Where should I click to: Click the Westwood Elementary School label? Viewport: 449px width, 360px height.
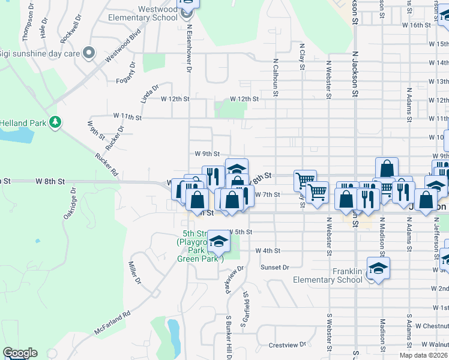click(x=143, y=14)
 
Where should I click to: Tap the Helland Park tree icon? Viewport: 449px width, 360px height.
click(x=55, y=123)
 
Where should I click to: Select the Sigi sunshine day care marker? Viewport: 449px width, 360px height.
click(x=89, y=53)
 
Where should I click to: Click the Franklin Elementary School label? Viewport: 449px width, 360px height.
click(x=328, y=275)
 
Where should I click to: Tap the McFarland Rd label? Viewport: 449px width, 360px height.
click(x=112, y=322)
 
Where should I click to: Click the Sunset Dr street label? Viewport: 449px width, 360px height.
click(x=274, y=267)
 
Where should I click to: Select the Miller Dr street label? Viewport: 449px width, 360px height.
click(x=134, y=272)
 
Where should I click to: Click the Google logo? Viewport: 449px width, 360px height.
click(x=20, y=353)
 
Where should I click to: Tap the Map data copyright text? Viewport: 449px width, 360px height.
click(x=424, y=355)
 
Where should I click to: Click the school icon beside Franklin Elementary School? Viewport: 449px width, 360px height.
click(x=378, y=268)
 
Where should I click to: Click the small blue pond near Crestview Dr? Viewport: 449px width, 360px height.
click(x=173, y=336)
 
